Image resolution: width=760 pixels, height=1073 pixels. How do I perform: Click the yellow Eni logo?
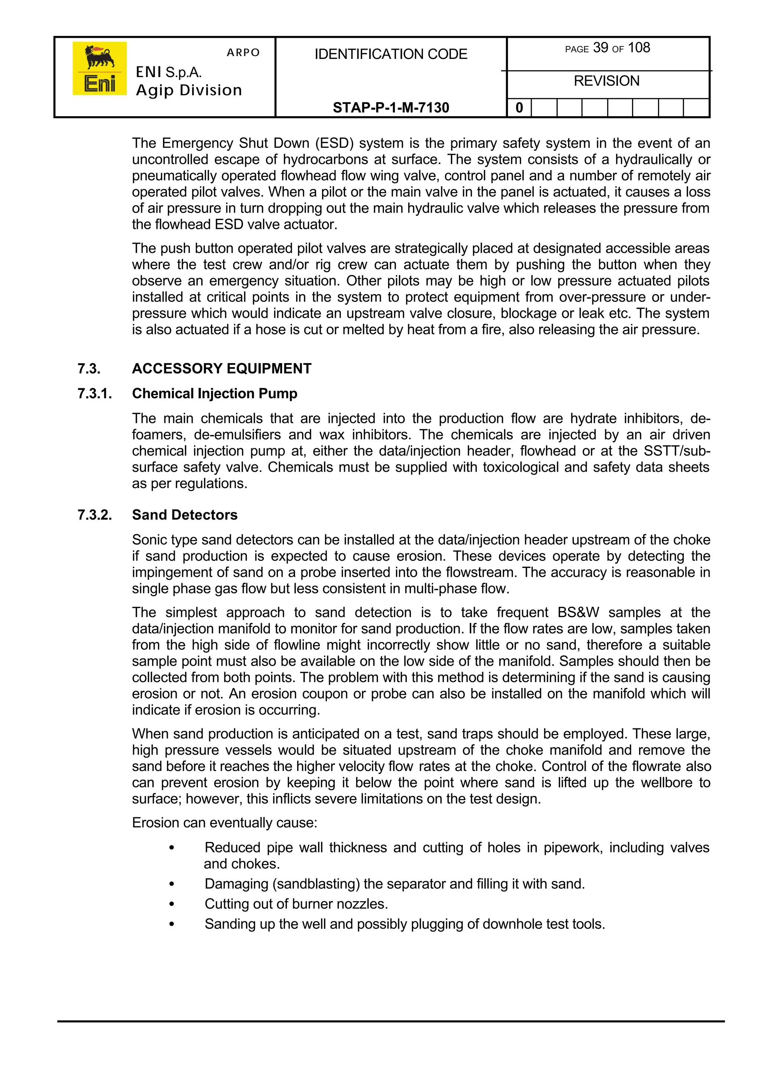tap(99, 68)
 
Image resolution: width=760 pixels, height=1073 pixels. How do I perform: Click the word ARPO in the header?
tap(243, 52)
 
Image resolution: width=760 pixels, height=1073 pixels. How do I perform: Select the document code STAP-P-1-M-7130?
tap(391, 108)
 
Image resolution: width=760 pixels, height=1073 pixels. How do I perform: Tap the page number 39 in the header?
tap(600, 48)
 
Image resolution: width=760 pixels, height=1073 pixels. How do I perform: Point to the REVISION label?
tap(606, 81)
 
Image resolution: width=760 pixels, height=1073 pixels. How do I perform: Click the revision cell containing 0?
tap(519, 108)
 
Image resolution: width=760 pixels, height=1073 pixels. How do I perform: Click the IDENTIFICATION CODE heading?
tap(391, 54)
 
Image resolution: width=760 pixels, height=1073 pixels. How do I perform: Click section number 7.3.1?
tap(95, 394)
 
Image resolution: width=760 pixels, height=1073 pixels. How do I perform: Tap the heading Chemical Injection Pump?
tap(214, 394)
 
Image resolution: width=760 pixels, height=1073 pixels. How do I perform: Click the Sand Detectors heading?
tap(184, 514)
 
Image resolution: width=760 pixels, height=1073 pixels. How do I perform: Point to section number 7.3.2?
tap(95, 514)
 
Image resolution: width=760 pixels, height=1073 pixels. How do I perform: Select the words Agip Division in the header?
tap(189, 90)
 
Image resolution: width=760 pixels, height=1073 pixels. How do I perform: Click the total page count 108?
tap(639, 48)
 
